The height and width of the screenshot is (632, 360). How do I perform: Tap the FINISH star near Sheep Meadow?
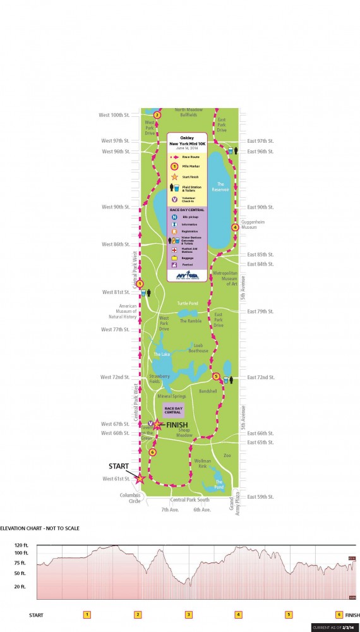(159, 425)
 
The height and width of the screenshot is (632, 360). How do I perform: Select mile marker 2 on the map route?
(157, 115)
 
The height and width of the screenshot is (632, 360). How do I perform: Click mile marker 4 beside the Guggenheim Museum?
(235, 227)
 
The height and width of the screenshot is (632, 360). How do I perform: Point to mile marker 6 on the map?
(152, 453)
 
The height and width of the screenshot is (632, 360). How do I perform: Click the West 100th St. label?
(114, 115)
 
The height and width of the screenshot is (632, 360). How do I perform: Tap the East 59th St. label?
(261, 497)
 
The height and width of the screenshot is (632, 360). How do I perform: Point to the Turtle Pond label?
(188, 303)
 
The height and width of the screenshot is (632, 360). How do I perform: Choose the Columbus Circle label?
(135, 499)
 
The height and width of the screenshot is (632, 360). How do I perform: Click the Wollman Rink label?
(201, 465)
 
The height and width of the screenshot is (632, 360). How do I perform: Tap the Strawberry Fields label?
(160, 379)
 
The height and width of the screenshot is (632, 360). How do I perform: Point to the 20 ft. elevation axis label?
(20, 587)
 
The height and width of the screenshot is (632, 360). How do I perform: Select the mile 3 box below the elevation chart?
(188, 614)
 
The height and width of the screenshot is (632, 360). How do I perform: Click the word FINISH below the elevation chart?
(352, 614)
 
